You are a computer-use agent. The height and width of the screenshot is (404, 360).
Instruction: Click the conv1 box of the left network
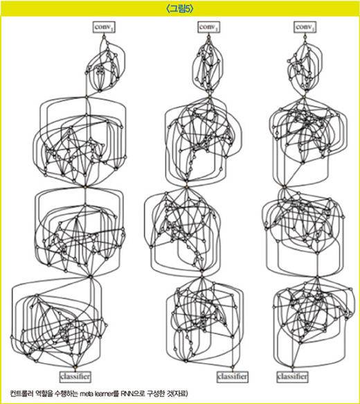(104, 27)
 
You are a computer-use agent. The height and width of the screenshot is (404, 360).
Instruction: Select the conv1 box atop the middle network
(208, 27)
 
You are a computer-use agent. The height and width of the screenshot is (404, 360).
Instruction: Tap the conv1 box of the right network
(305, 27)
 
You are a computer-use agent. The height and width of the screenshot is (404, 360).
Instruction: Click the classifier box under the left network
(75, 377)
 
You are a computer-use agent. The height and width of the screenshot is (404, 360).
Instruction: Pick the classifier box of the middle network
(233, 377)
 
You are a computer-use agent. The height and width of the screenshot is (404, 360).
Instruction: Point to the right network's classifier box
(292, 377)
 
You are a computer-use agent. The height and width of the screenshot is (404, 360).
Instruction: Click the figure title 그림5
(180, 9)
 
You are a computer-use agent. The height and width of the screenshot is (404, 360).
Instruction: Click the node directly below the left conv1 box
(104, 37)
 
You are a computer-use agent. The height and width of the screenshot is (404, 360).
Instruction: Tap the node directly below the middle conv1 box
(208, 37)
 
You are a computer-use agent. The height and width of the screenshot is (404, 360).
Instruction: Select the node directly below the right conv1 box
(305, 37)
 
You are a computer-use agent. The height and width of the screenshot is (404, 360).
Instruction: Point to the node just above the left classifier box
(75, 367)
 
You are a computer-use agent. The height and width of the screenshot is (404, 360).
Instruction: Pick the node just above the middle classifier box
(233, 367)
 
